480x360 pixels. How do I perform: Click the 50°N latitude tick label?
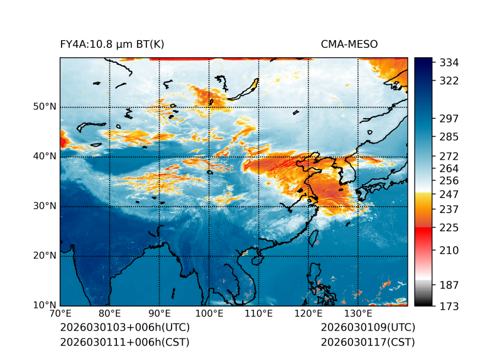[45, 107]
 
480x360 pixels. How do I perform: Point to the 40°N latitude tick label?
[45, 156]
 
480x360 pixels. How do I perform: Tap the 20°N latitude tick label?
[45, 256]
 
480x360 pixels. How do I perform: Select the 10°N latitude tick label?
[45, 305]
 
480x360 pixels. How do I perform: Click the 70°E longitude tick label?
[60, 314]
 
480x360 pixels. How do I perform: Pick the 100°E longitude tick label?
[209, 314]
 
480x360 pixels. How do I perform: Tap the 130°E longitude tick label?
[358, 314]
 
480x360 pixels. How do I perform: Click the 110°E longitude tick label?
[259, 314]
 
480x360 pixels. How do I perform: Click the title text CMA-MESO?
[349, 44]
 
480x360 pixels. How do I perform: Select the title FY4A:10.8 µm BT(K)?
[112, 44]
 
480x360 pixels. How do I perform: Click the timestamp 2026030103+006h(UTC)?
[125, 327]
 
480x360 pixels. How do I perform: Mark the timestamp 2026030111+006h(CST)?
[124, 342]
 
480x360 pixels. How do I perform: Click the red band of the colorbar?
[423, 232]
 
